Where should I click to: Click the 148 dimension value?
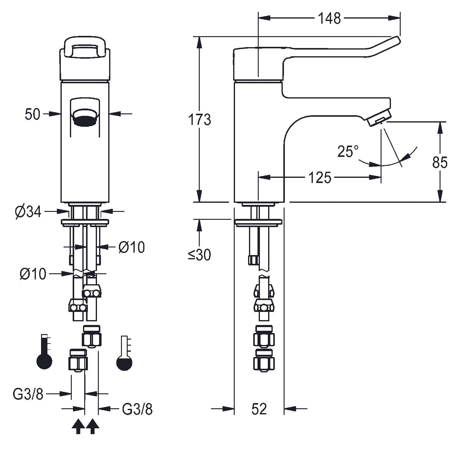click(x=330, y=19)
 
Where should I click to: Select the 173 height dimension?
click(x=199, y=119)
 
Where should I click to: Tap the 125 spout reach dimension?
click(x=320, y=178)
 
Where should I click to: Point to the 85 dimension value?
click(x=440, y=163)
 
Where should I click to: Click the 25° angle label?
click(x=348, y=151)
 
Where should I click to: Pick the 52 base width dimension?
click(x=259, y=409)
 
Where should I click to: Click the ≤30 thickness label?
click(x=199, y=255)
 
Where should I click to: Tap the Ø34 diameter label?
click(x=28, y=212)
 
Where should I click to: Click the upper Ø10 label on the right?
click(x=132, y=247)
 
